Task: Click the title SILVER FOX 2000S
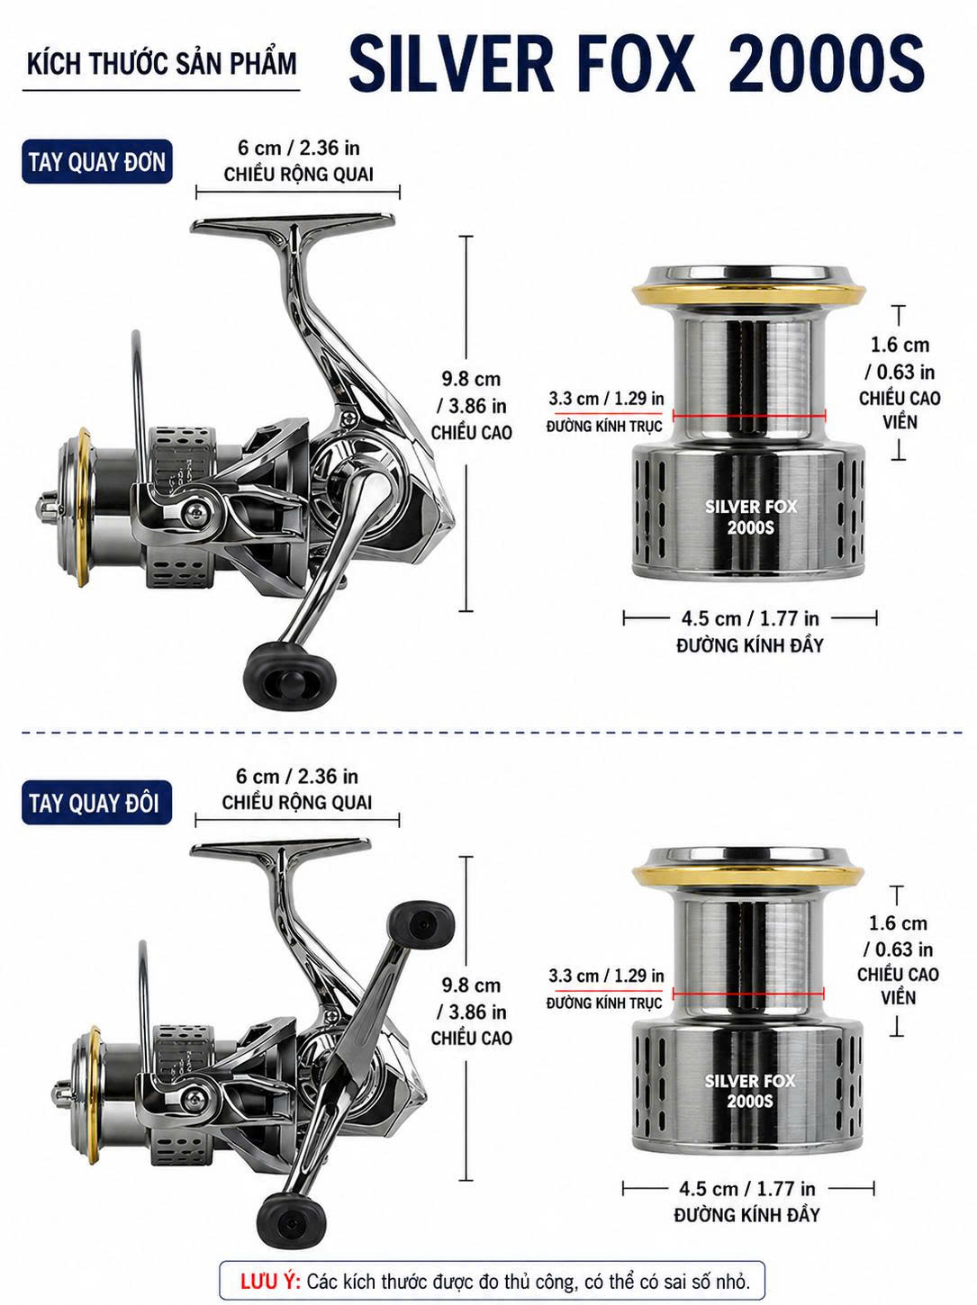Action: tap(637, 64)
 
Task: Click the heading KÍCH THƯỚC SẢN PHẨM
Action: tap(162, 64)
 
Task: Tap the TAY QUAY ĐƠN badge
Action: tap(97, 162)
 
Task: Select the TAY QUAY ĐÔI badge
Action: tap(96, 803)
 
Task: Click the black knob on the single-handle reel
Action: tap(290, 675)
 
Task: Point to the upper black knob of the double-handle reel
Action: tap(421, 924)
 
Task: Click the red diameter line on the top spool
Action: tap(749, 416)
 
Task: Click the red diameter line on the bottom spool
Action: tap(748, 993)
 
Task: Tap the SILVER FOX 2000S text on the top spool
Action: tap(751, 517)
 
